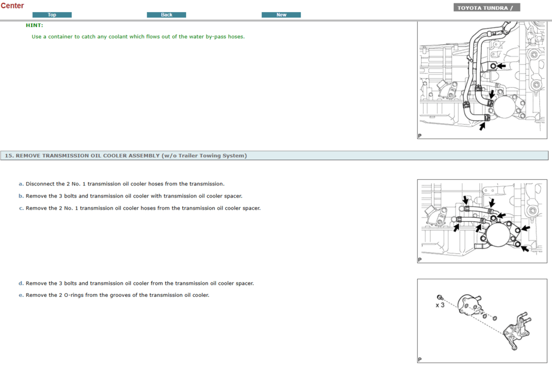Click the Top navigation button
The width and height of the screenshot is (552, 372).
[x=52, y=15]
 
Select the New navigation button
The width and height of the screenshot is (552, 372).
[x=281, y=15]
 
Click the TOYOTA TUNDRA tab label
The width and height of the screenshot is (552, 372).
[x=486, y=8]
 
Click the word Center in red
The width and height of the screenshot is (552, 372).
[x=12, y=6]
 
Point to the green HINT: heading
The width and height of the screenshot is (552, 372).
[x=34, y=25]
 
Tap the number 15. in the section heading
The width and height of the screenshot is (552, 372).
[x=9, y=156]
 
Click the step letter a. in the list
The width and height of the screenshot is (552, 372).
[x=21, y=184]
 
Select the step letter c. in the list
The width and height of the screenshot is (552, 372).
[x=21, y=208]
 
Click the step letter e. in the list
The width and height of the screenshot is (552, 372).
[x=21, y=295]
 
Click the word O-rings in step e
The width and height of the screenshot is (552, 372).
[x=75, y=295]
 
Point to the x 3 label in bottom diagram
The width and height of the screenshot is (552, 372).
[x=440, y=305]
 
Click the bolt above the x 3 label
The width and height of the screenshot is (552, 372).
[x=439, y=297]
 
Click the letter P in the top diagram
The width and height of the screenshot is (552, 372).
[x=420, y=136]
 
